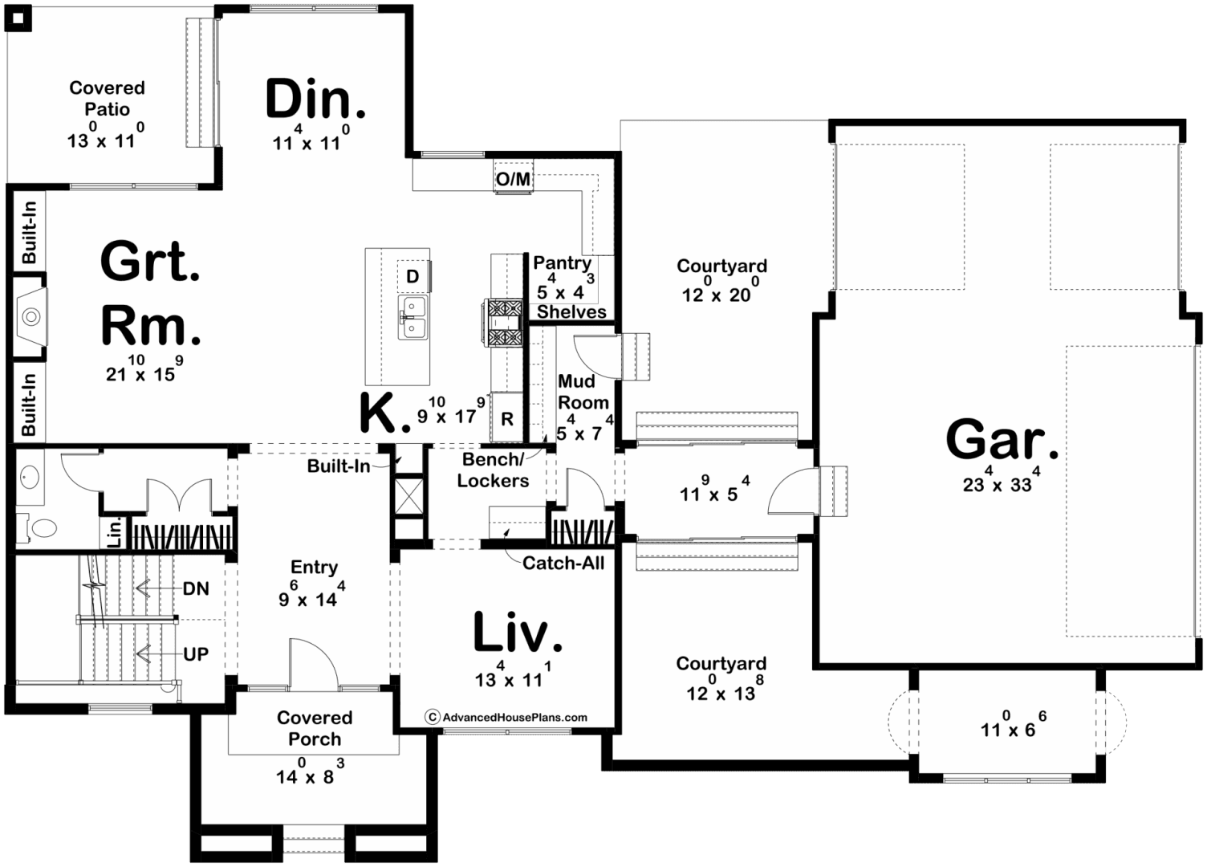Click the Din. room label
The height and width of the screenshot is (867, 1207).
click(315, 99)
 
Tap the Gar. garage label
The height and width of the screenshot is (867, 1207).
click(1002, 440)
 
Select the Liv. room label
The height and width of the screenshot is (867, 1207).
click(518, 632)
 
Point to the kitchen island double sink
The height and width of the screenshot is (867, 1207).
click(412, 317)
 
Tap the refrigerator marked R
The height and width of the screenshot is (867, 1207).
click(506, 417)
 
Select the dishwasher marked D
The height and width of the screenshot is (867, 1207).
click(413, 276)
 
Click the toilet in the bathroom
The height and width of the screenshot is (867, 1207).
click(38, 528)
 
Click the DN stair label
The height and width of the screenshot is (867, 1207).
click(196, 588)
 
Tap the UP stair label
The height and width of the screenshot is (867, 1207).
click(196, 654)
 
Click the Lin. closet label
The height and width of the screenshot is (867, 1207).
click(115, 534)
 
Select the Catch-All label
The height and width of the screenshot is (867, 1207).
click(563, 563)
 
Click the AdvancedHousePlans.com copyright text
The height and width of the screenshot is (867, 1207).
click(506, 717)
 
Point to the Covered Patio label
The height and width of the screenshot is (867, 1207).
click(108, 98)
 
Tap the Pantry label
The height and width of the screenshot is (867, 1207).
click(563, 263)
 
